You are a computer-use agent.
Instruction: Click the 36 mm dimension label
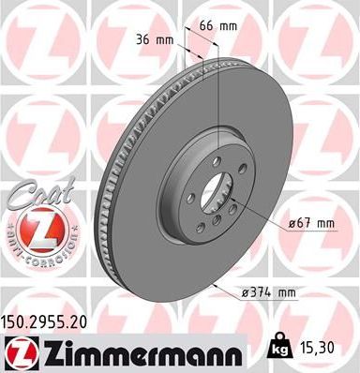155,40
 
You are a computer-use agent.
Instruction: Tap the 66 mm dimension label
218,26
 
